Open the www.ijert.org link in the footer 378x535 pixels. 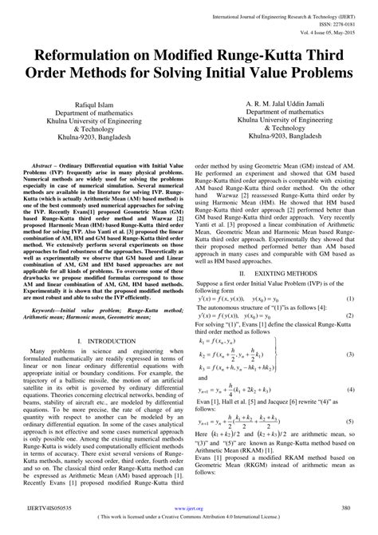point(189,508)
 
